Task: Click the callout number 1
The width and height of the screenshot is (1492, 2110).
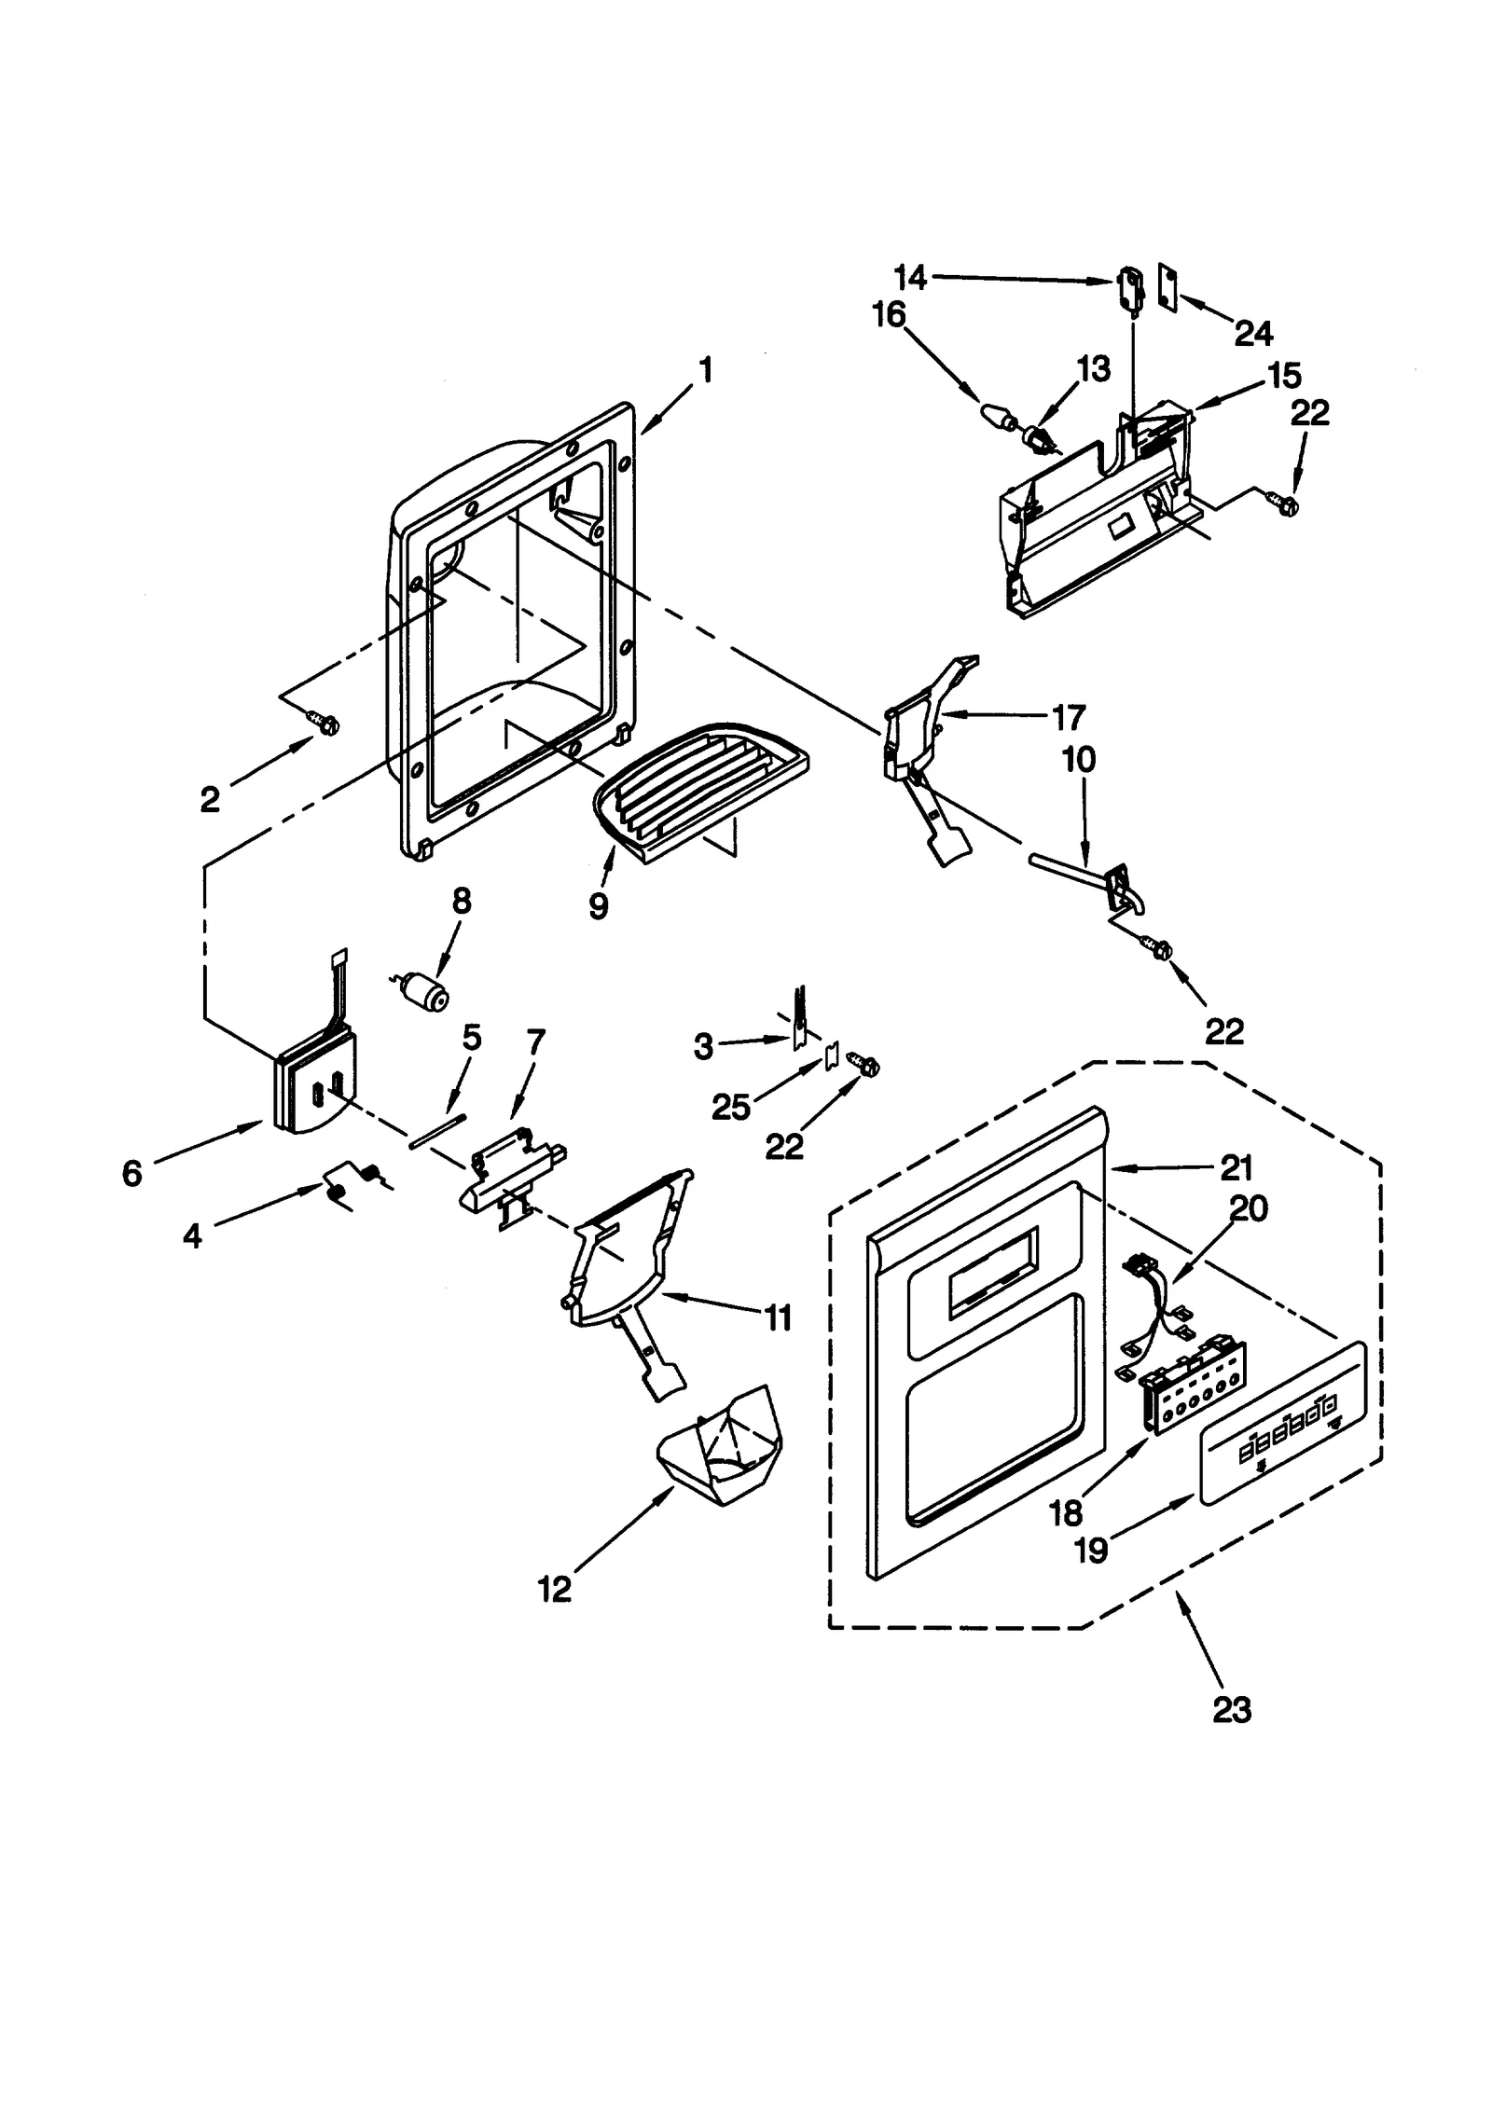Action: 706,370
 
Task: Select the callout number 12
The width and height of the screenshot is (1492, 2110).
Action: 554,1589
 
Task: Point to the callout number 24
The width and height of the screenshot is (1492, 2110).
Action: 1253,333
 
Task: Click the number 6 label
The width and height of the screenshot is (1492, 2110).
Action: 132,1173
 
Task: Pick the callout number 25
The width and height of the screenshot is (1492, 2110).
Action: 730,1107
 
